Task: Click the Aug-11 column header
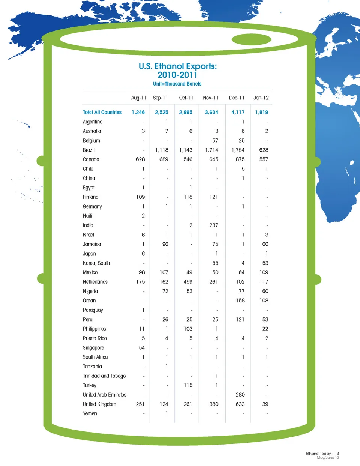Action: click(x=138, y=98)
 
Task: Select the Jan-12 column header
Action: click(x=261, y=98)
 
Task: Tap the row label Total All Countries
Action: click(x=102, y=112)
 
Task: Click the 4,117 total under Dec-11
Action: click(x=238, y=112)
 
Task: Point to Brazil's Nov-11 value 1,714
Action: click(x=211, y=150)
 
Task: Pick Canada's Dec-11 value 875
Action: click(x=240, y=159)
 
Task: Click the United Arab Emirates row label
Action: click(x=104, y=395)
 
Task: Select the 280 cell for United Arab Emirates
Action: click(x=240, y=395)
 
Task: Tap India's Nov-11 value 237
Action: click(x=213, y=225)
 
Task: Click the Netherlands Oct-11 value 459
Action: click(x=188, y=282)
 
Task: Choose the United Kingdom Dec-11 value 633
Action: click(x=240, y=404)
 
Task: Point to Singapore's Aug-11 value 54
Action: click(x=141, y=348)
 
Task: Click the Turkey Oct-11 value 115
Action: click(x=188, y=385)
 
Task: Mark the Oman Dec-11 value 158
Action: click(x=240, y=301)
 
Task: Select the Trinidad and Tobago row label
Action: click(x=104, y=376)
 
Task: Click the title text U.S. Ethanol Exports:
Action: click(x=177, y=66)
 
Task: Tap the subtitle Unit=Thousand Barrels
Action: click(x=177, y=84)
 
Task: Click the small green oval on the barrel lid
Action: click(x=251, y=39)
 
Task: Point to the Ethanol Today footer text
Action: click(x=318, y=454)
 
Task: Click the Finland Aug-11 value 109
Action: click(x=140, y=197)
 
